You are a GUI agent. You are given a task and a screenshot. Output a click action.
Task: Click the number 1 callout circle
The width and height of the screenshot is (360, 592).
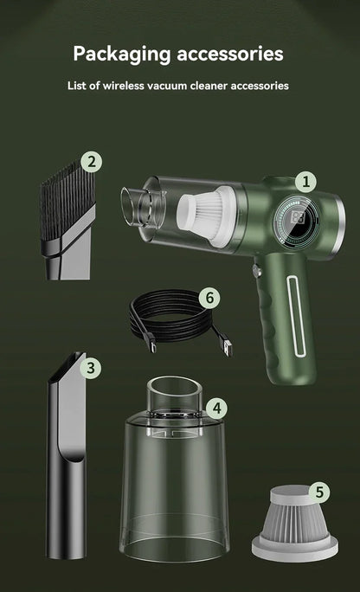(x=304, y=182)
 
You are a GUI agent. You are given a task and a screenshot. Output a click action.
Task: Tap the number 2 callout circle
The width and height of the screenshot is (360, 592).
(x=93, y=161)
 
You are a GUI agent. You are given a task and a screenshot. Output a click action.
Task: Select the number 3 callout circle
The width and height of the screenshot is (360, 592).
(x=93, y=367)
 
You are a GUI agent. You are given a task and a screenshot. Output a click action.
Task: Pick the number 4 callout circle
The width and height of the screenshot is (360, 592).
(x=217, y=407)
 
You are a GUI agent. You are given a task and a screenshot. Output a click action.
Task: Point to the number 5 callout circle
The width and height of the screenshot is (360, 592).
(x=320, y=492)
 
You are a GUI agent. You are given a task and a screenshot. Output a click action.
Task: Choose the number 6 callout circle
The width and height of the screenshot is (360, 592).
(x=209, y=297)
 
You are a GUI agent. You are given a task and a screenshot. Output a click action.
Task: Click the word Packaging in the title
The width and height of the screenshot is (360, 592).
(x=120, y=54)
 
